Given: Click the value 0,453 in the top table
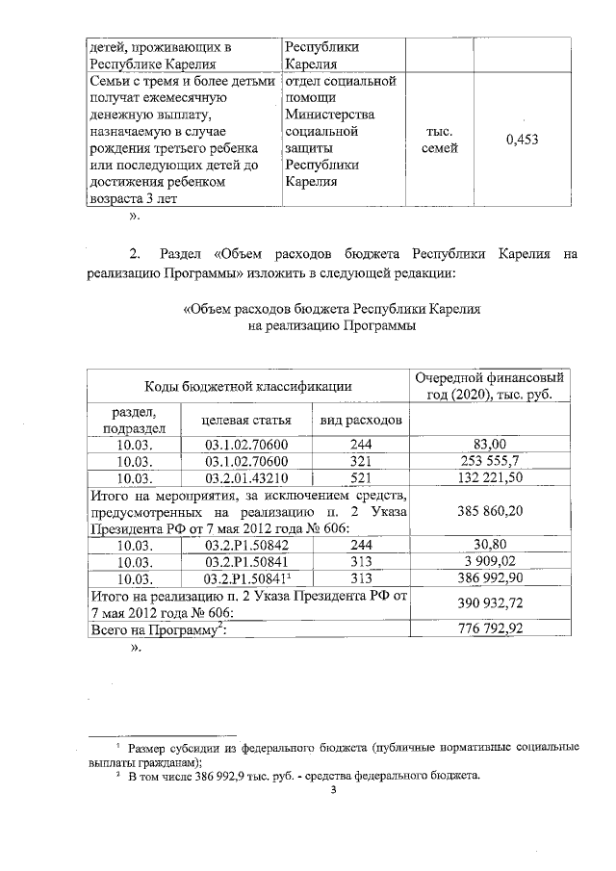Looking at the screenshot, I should [521, 140].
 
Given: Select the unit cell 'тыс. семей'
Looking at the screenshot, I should [440, 140].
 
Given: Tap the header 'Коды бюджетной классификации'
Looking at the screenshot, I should [247, 386].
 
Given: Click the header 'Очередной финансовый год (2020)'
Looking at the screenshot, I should [488, 386].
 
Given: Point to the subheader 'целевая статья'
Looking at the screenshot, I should [247, 421].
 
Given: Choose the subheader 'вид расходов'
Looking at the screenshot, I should [361, 421].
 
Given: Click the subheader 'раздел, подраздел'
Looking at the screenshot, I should [134, 421].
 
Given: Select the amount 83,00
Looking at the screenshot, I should [490, 444].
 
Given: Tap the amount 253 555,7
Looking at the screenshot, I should [490, 460].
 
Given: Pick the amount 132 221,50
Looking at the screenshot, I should [490, 477].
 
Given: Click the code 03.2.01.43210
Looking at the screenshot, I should [247, 477].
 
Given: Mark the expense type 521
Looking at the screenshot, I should [361, 477].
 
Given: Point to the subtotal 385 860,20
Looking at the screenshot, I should [490, 511].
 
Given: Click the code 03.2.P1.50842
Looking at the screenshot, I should [247, 545].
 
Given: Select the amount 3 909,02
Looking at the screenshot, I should [490, 561].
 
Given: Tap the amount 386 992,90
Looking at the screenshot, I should [490, 578].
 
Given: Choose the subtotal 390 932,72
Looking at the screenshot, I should [490, 603].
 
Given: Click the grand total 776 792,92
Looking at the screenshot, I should [490, 629].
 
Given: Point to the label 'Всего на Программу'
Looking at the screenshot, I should [158, 629].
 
